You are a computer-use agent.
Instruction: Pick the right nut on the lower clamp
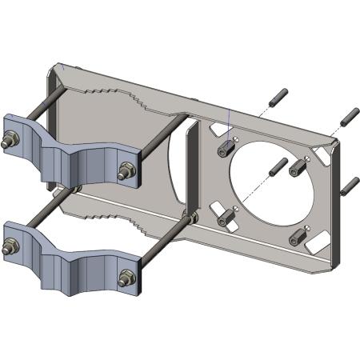click(x=125, y=278)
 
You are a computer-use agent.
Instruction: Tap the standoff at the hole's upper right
click(x=298, y=166)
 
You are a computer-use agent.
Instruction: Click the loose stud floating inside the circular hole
click(x=277, y=168)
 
